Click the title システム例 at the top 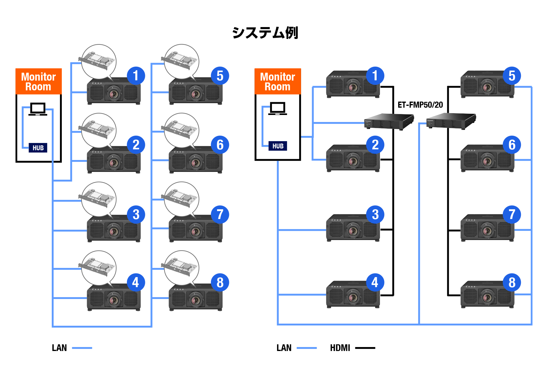pyautogui.click(x=265, y=33)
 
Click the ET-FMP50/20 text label pyautogui.click(x=420, y=105)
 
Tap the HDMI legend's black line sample pyautogui.click(x=365, y=348)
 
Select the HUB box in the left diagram pyautogui.click(x=38, y=148)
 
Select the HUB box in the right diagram pyautogui.click(x=278, y=146)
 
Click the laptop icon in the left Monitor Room pyautogui.click(x=38, y=109)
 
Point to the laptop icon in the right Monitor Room pyautogui.click(x=277, y=108)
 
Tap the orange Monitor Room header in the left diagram pyautogui.click(x=39, y=82)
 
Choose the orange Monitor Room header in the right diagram pyautogui.click(x=278, y=82)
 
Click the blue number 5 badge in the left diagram pyautogui.click(x=220, y=76)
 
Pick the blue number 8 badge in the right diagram pyautogui.click(x=512, y=283)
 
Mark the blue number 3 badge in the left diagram pyautogui.click(x=136, y=214)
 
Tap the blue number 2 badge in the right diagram pyautogui.click(x=375, y=145)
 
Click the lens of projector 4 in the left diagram pyautogui.click(x=114, y=300)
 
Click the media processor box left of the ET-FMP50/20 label pyautogui.click(x=389, y=121)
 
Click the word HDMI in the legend pyautogui.click(x=340, y=348)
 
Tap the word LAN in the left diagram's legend pyautogui.click(x=59, y=348)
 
